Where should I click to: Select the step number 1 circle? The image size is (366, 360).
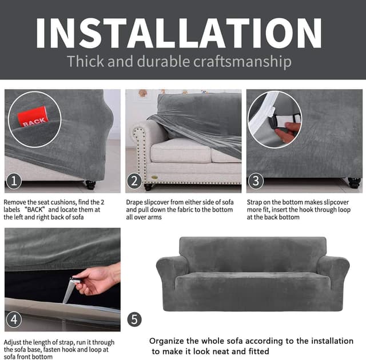tap(14, 182)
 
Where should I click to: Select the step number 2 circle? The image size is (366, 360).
tap(134, 182)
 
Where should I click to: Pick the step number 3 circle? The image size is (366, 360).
tap(256, 182)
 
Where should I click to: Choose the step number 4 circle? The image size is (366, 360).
tap(14, 319)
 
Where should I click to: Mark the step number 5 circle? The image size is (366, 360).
tap(134, 319)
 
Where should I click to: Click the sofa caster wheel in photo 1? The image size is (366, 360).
tap(90, 185)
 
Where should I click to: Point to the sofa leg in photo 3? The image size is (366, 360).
tap(354, 183)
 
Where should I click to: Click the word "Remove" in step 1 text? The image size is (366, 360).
tap(16, 202)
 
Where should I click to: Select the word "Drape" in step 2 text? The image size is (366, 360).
tap(135, 202)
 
